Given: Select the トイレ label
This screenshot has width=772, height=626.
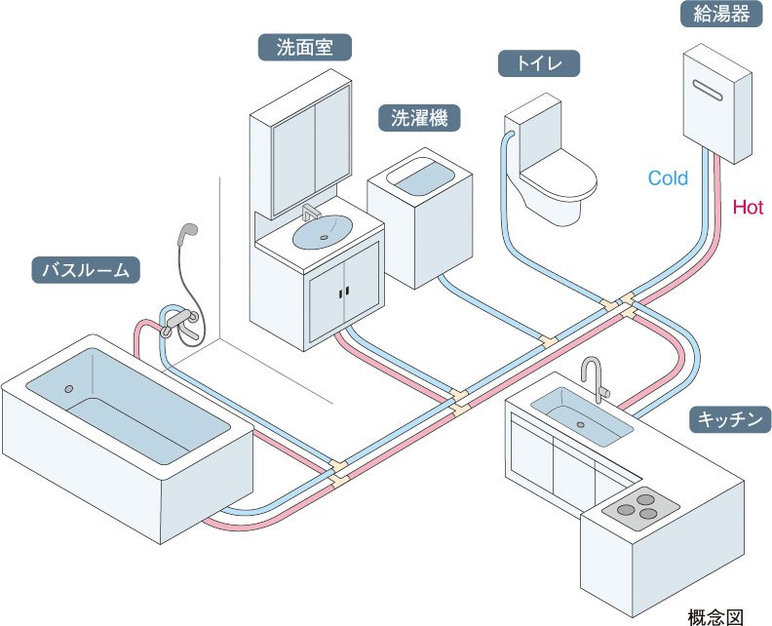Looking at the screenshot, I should point(539,65).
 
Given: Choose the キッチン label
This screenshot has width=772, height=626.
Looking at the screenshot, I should point(730,420).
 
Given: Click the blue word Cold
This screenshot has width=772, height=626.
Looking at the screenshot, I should point(668,178).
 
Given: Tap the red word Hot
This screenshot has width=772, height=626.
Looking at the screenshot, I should point(748,207).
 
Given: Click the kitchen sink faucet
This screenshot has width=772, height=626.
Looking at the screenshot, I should point(594,376).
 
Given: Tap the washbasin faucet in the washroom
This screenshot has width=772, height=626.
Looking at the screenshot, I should point(313,214).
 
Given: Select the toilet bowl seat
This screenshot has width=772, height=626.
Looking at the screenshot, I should point(557,178).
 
